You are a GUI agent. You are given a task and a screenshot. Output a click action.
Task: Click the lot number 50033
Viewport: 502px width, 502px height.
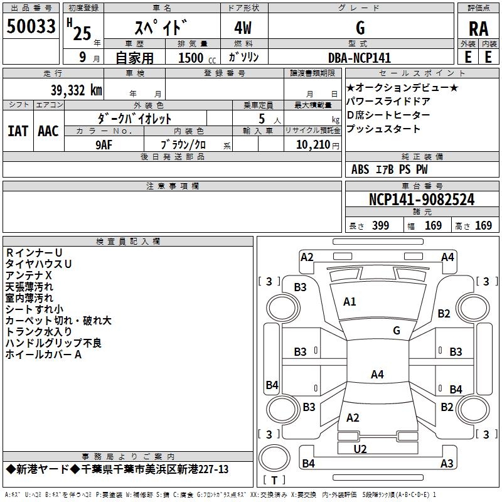[x=31, y=27]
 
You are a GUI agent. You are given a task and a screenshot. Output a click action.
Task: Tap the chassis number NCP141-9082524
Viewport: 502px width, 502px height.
[x=422, y=200]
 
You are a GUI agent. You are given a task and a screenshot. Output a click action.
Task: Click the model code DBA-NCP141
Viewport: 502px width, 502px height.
[x=360, y=58]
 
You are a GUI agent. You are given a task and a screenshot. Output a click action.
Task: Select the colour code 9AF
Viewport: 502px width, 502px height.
[x=104, y=144]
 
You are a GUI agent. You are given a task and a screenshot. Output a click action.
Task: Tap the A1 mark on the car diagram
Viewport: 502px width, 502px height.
[x=350, y=302]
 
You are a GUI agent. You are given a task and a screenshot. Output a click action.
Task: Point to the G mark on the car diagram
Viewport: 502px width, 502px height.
[x=397, y=331]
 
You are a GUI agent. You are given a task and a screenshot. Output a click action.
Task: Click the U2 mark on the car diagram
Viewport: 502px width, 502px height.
[x=360, y=449]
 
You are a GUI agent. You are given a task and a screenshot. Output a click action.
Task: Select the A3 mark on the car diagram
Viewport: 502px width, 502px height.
[x=447, y=464]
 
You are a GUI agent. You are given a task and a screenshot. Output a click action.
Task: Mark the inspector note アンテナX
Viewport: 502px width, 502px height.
[x=29, y=275]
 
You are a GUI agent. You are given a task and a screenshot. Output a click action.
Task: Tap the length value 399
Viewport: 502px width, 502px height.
[x=380, y=226]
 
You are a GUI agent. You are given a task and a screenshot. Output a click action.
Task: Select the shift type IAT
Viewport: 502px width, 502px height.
[x=18, y=131]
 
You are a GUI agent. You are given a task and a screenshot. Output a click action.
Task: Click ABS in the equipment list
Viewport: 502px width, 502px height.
[x=360, y=169]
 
